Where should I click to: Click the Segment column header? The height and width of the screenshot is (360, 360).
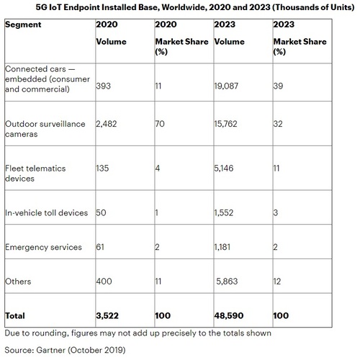pyautogui.click(x=23, y=24)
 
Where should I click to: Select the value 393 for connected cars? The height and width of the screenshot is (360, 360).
pyautogui.click(x=104, y=86)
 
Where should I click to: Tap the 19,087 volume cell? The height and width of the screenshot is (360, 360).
pyautogui.click(x=226, y=86)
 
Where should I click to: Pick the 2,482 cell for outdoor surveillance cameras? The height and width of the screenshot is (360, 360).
pyautogui.click(x=107, y=124)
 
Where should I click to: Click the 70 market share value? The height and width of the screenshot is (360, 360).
pyautogui.click(x=160, y=124)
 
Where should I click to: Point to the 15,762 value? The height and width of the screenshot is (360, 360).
pyautogui.click(x=225, y=124)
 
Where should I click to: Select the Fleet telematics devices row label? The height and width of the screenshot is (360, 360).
pyautogui.click(x=35, y=174)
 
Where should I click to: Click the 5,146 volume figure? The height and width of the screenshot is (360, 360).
pyautogui.click(x=224, y=168)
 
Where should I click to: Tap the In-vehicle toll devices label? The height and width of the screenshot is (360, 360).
pyautogui.click(x=46, y=213)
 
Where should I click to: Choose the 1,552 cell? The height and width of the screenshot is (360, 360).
pyautogui.click(x=224, y=213)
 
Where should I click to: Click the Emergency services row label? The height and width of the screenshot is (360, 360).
pyautogui.click(x=43, y=247)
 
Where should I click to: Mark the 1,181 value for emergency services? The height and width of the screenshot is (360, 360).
pyautogui.click(x=222, y=247)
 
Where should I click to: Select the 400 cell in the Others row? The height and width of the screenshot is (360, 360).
pyautogui.click(x=104, y=282)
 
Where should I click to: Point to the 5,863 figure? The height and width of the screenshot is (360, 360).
pyautogui.click(x=227, y=282)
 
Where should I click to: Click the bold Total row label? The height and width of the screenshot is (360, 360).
pyautogui.click(x=15, y=315)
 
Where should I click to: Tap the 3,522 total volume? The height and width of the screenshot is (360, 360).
pyautogui.click(x=107, y=316)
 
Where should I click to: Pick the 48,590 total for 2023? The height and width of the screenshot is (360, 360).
pyautogui.click(x=229, y=316)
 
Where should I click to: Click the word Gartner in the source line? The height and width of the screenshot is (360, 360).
pyautogui.click(x=51, y=350)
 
